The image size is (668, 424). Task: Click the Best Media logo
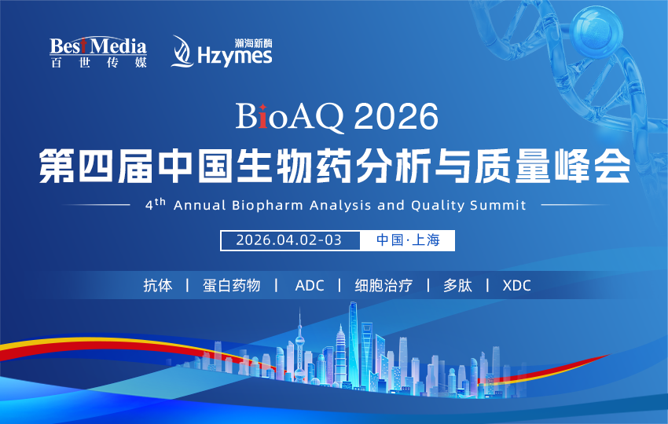(98, 51)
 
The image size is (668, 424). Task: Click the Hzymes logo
(222, 52)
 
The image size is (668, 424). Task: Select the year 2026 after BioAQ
(395, 119)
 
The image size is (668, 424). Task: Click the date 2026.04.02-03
(289, 240)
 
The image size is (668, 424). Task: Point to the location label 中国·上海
(408, 240)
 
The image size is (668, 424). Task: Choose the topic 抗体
(157, 286)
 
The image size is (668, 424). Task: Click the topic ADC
(309, 286)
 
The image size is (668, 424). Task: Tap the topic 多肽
(457, 286)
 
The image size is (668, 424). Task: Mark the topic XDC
(516, 286)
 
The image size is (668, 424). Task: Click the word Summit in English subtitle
(498, 206)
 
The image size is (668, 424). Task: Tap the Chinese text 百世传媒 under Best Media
(98, 63)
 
